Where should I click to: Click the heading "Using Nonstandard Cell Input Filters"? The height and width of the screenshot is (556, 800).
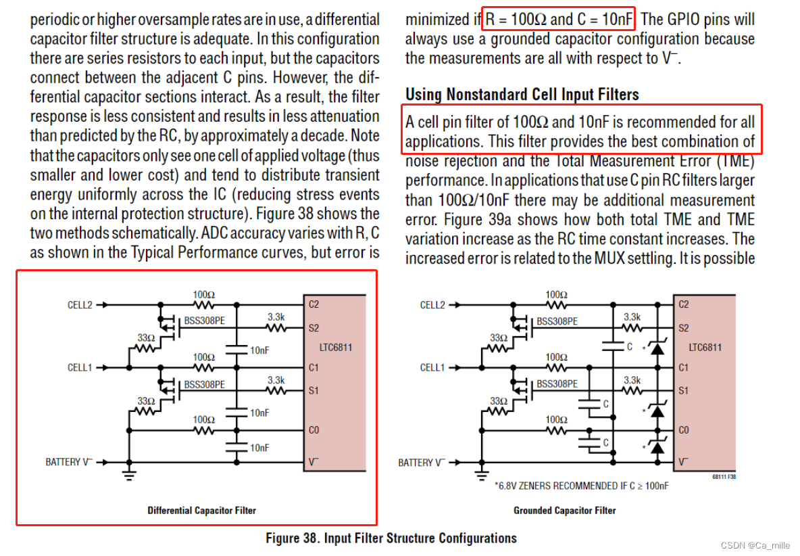pyautogui.click(x=522, y=94)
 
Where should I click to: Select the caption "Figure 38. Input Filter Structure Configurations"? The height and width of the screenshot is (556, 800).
pyautogui.click(x=391, y=538)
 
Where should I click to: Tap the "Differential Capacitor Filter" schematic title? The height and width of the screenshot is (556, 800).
pyautogui.click(x=202, y=510)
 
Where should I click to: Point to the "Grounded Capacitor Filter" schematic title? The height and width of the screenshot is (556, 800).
pyautogui.click(x=565, y=510)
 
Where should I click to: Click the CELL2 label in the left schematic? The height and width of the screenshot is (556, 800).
pyautogui.click(x=80, y=305)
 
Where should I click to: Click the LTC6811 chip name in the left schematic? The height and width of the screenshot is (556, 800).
pyautogui.click(x=336, y=348)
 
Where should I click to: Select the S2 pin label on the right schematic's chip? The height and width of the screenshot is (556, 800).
pyautogui.click(x=684, y=328)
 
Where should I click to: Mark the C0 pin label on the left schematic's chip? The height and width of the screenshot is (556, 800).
pyautogui.click(x=314, y=430)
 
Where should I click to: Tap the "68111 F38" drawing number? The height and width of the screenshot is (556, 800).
pyautogui.click(x=724, y=476)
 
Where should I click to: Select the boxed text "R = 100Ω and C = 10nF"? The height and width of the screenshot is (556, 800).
pyautogui.click(x=559, y=19)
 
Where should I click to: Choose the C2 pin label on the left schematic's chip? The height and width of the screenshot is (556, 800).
pyautogui.click(x=314, y=304)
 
